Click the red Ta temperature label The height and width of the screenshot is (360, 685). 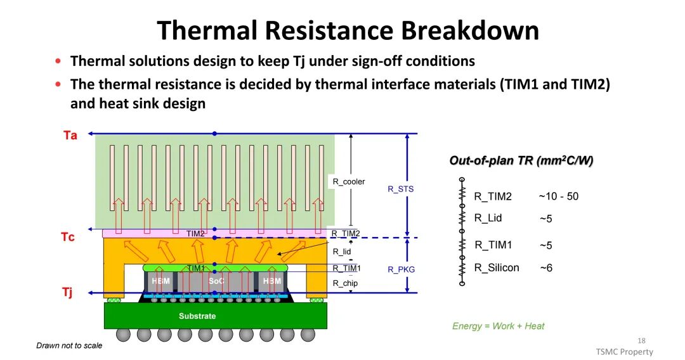tap(70, 135)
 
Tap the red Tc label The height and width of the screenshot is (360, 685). tap(68, 237)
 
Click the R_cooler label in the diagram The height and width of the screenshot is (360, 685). tap(349, 182)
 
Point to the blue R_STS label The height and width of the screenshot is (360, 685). tap(400, 189)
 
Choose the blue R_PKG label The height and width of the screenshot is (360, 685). tap(401, 269)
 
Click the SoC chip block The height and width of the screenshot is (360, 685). tap(216, 281)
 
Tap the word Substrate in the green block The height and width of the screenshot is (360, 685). tap(197, 316)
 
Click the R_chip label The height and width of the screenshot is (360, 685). tap(345, 283)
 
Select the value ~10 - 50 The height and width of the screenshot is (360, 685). tap(558, 196)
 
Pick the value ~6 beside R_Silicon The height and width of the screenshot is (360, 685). tap(545, 268)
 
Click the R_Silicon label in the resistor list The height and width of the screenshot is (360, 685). tap(497, 267)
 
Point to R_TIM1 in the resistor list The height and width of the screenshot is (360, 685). tap(493, 245)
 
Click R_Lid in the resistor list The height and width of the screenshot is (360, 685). tap(488, 218)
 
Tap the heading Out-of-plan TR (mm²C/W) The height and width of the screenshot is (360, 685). tap(521, 161)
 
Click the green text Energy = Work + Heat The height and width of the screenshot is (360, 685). tap(498, 326)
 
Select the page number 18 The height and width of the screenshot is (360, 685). tap(642, 340)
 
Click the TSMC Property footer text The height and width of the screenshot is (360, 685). tap(624, 352)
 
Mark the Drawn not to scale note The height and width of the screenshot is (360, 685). tap(69, 345)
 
